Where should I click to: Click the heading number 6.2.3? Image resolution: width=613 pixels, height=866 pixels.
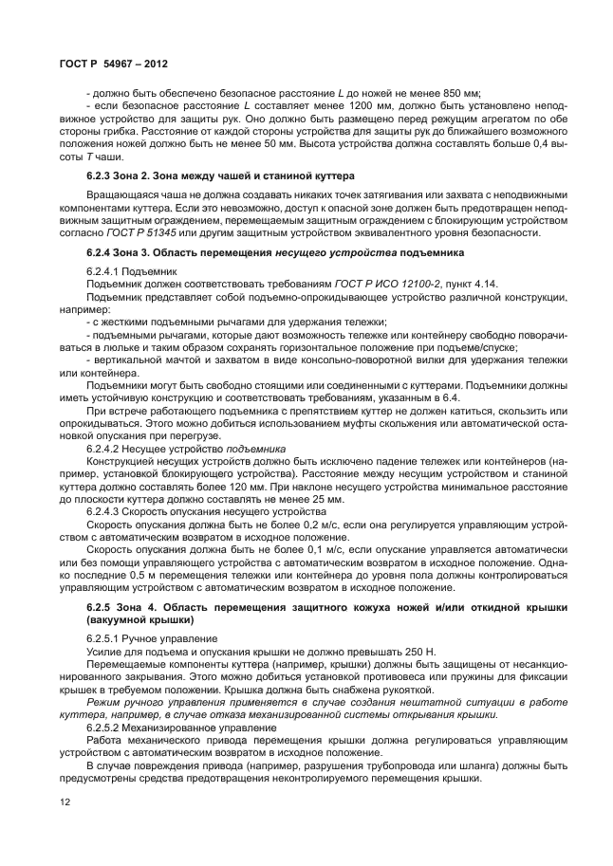(102, 175)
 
